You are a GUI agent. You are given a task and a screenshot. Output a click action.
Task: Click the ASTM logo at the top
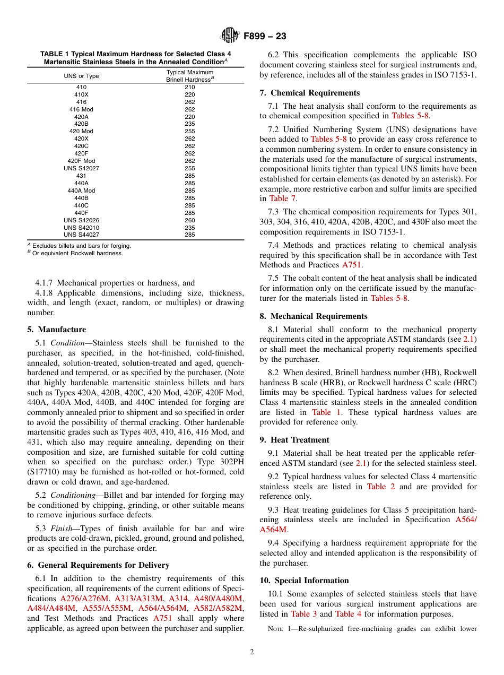[230, 36]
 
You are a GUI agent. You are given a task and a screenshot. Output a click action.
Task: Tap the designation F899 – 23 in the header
[265, 36]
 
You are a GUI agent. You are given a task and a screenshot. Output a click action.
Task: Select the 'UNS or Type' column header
[81, 76]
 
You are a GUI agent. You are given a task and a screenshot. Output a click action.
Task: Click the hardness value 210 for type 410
[189, 87]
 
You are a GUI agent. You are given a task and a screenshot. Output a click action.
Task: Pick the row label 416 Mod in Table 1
[81, 109]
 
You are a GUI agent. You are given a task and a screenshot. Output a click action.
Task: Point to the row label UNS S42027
[81, 168]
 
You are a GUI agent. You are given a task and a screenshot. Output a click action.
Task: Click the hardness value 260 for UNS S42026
[189, 220]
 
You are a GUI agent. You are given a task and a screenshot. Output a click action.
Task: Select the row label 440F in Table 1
[81, 213]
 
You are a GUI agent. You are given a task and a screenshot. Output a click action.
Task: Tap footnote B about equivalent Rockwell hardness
[77, 253]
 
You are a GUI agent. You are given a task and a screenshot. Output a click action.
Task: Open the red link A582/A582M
[218, 608]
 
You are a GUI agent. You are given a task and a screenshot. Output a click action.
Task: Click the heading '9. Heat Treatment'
[294, 440]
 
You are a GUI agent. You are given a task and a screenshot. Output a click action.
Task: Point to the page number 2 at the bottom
[252, 652]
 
